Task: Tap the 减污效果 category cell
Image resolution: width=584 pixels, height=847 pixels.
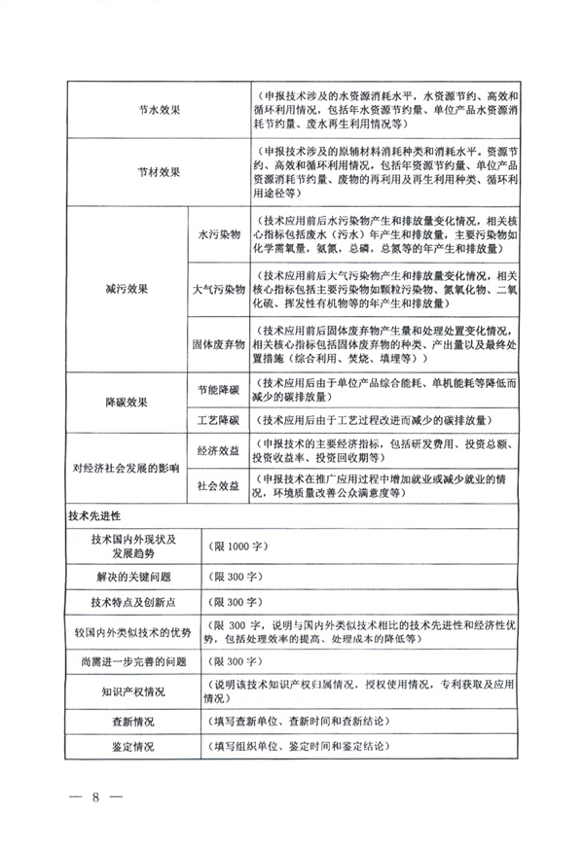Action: pyautogui.click(x=127, y=289)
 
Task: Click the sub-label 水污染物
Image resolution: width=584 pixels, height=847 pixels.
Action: pyautogui.click(x=216, y=235)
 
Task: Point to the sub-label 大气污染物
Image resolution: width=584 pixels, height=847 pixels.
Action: pyautogui.click(x=216, y=290)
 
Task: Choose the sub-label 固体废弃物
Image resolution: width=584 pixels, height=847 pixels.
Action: pyautogui.click(x=216, y=343)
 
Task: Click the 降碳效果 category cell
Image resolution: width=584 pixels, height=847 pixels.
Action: pyautogui.click(x=127, y=401)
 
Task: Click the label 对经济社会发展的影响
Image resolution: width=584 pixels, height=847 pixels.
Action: pyautogui.click(x=127, y=468)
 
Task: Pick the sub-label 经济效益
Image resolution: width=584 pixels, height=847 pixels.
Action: pyautogui.click(x=216, y=451)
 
